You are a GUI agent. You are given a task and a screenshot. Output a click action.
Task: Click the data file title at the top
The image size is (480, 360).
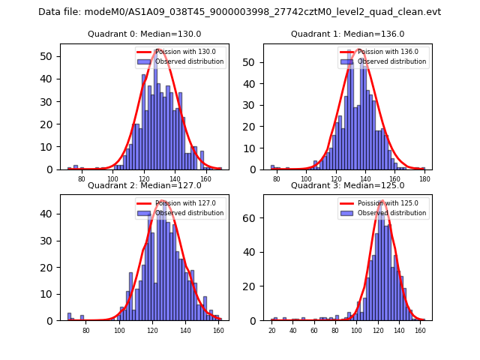pos(239,12)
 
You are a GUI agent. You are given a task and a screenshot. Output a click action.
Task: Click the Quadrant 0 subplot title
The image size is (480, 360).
pos(145,34)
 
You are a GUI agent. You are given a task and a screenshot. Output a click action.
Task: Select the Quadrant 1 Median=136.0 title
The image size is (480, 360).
pos(347,34)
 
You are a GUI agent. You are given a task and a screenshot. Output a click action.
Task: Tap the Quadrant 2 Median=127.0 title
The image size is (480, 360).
pos(145,186)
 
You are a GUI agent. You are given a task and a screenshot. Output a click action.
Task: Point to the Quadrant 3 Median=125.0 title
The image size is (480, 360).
pos(347,186)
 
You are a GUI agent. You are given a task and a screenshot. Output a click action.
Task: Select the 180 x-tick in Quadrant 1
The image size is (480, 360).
pos(424,179)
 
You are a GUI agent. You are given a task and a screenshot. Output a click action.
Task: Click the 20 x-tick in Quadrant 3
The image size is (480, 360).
pos(271,330)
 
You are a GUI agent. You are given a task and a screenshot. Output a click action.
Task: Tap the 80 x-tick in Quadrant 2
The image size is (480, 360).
pos(85,330)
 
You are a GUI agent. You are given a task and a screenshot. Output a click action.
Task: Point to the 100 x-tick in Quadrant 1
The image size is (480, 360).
pos(306,179)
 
